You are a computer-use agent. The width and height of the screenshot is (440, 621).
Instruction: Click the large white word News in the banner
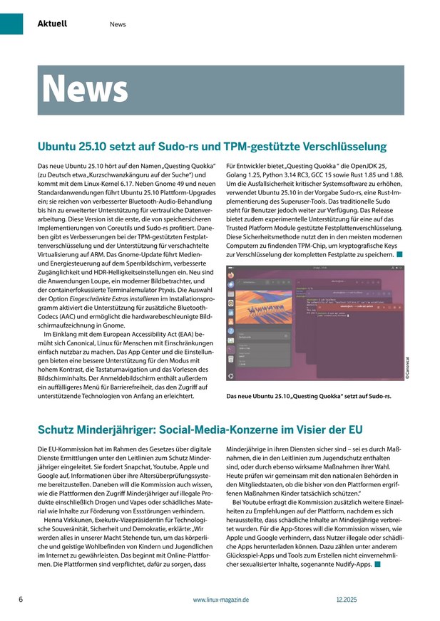(85, 88)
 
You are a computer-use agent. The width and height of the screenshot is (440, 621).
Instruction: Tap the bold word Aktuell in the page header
(52, 24)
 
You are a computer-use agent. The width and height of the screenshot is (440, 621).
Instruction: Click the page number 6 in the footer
(21, 600)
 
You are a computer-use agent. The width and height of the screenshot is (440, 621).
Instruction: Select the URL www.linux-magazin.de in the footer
(220, 600)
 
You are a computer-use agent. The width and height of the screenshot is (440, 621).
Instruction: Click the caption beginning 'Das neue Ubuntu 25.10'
(308, 395)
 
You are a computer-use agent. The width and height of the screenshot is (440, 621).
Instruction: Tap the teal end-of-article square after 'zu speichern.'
(400, 254)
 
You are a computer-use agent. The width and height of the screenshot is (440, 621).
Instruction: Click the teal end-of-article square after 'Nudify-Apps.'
(377, 565)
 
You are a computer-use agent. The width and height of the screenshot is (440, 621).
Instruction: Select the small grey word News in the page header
(118, 24)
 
